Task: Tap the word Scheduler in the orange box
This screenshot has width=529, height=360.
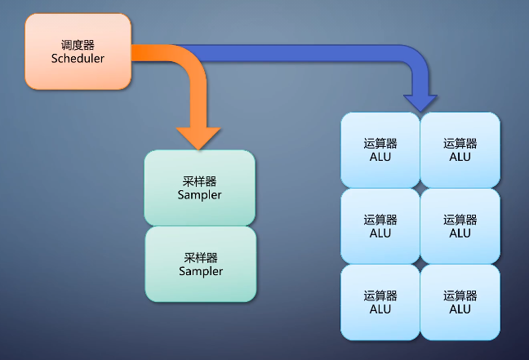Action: click(x=78, y=59)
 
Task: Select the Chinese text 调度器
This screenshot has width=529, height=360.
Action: click(x=78, y=45)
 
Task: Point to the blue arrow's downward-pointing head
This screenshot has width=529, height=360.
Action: click(x=420, y=100)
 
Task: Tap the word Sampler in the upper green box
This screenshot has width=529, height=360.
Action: click(x=199, y=196)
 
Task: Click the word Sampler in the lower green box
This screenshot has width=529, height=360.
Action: click(x=201, y=272)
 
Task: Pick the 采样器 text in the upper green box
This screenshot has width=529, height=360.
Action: click(x=199, y=181)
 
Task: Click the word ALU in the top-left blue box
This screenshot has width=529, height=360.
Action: click(x=380, y=157)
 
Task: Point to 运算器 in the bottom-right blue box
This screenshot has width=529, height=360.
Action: click(x=460, y=295)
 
